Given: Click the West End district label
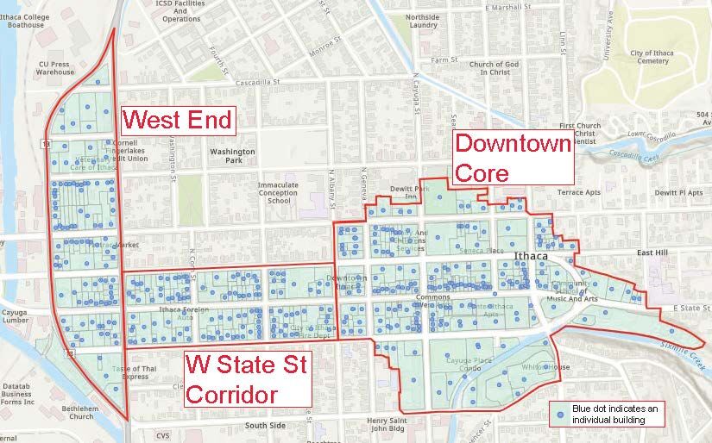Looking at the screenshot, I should pos(178,119).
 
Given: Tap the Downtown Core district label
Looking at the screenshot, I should pos(513,157).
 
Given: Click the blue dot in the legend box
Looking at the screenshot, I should pos(562,415).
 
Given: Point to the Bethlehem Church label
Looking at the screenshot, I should pos(69,411).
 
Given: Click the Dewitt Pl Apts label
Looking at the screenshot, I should pos(679,193).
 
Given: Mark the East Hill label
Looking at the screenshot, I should pos(652,253).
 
